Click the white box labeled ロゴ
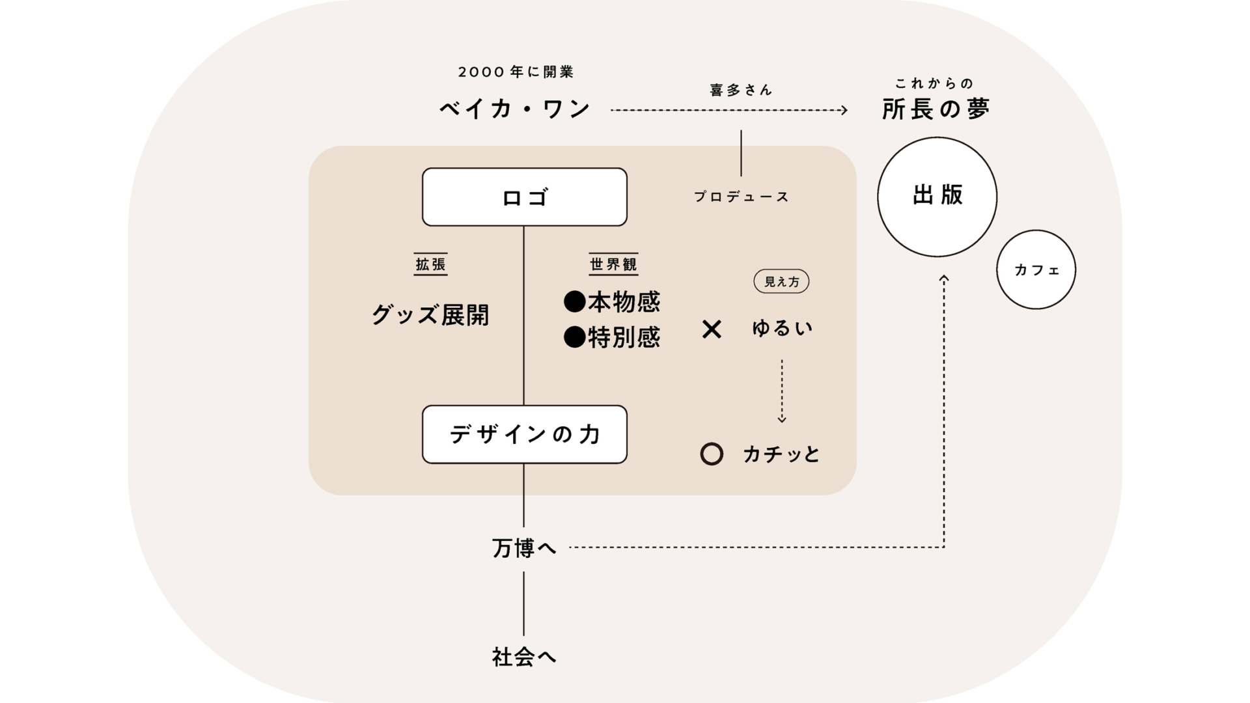point(524,197)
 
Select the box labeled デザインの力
point(524,434)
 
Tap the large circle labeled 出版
point(937,196)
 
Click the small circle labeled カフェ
point(1036,269)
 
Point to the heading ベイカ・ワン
point(515,109)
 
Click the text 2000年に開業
point(516,72)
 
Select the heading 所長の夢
point(936,109)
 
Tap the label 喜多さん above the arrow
point(741,90)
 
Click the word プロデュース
point(741,197)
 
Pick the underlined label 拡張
point(430,264)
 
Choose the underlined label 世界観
point(613,264)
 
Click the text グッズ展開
point(430,315)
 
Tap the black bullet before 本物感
point(574,301)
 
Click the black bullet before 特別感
point(574,337)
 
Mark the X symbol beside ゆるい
point(712,329)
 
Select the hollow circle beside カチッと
point(712,454)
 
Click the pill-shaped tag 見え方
point(781,281)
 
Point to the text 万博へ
point(524,548)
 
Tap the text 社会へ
point(524,657)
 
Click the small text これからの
point(934,84)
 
